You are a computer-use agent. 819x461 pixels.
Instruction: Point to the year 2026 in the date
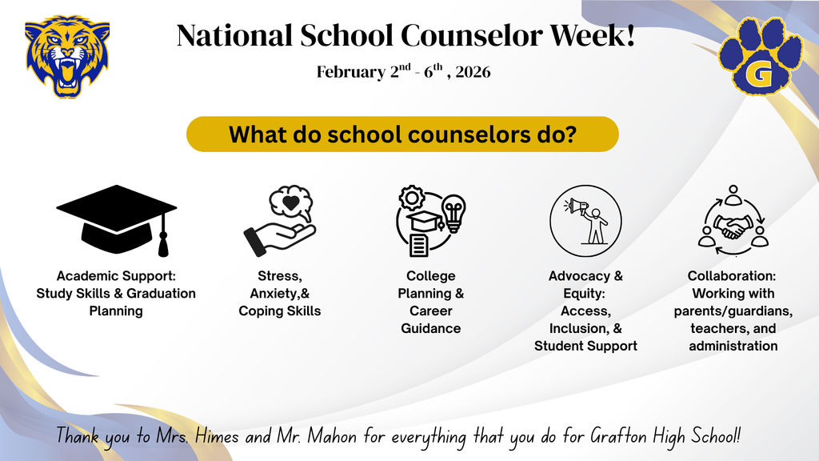click(x=473, y=72)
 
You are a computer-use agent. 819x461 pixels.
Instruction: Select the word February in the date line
click(x=350, y=72)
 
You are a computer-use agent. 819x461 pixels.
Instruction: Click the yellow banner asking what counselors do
click(x=402, y=134)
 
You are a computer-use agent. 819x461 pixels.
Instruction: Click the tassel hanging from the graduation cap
click(x=164, y=236)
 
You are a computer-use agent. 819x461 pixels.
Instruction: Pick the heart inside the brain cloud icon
click(x=291, y=202)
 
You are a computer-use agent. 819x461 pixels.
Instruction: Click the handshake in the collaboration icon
click(x=733, y=227)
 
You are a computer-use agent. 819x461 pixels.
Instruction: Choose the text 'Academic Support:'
click(x=116, y=276)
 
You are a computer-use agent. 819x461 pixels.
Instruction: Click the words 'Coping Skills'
click(x=279, y=311)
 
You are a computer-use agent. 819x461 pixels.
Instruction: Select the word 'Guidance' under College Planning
click(x=430, y=328)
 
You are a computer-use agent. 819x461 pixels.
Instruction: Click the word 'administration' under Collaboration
click(x=733, y=346)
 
